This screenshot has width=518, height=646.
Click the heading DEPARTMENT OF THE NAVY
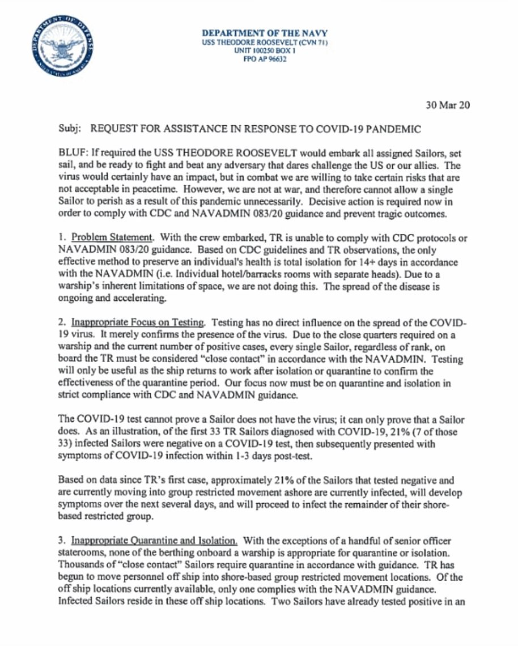265,33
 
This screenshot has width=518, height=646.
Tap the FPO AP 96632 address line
264,58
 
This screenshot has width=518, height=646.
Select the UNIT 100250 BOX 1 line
265,50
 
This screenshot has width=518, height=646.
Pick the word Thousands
79,564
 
